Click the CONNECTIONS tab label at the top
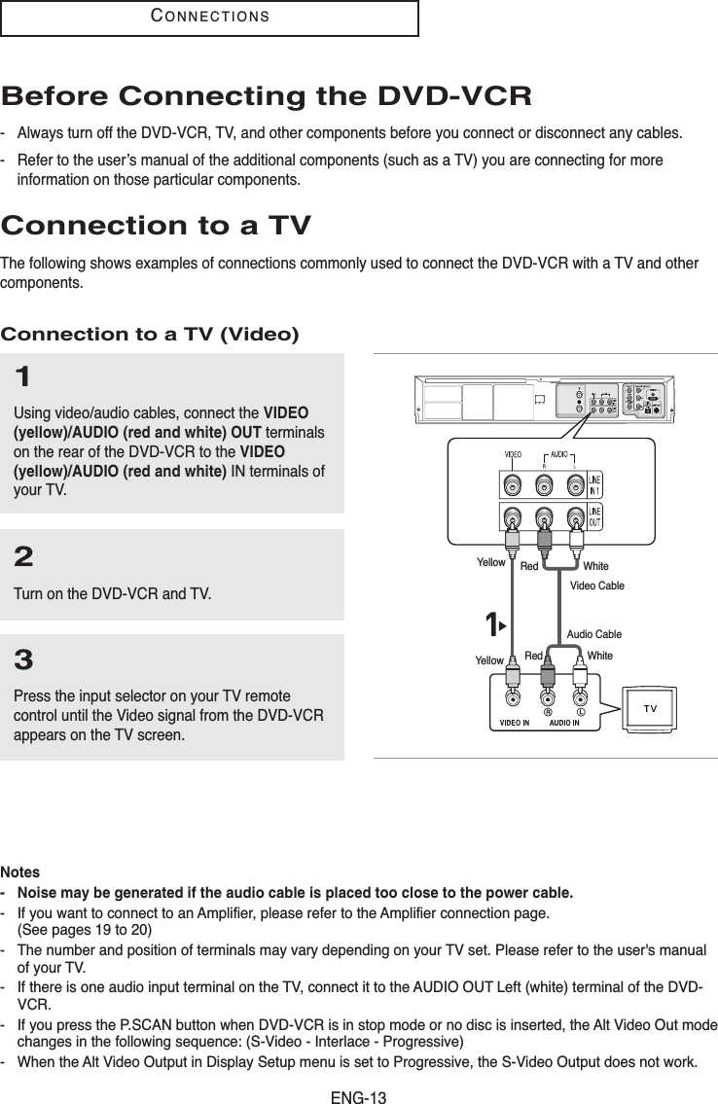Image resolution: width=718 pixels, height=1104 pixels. (210, 17)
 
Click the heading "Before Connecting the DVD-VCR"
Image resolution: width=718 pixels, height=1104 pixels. (267, 97)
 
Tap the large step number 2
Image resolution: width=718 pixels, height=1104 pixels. (24, 557)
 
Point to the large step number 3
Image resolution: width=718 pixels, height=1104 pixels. (24, 662)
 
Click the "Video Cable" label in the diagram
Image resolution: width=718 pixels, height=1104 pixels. (596, 586)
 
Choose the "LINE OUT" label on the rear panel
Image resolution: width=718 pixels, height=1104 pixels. (593, 516)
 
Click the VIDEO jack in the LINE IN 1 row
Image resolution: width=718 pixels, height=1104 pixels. (512, 484)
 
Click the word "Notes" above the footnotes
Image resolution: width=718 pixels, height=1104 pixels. (20, 873)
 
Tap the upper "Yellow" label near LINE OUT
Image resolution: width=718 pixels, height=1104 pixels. (491, 562)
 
